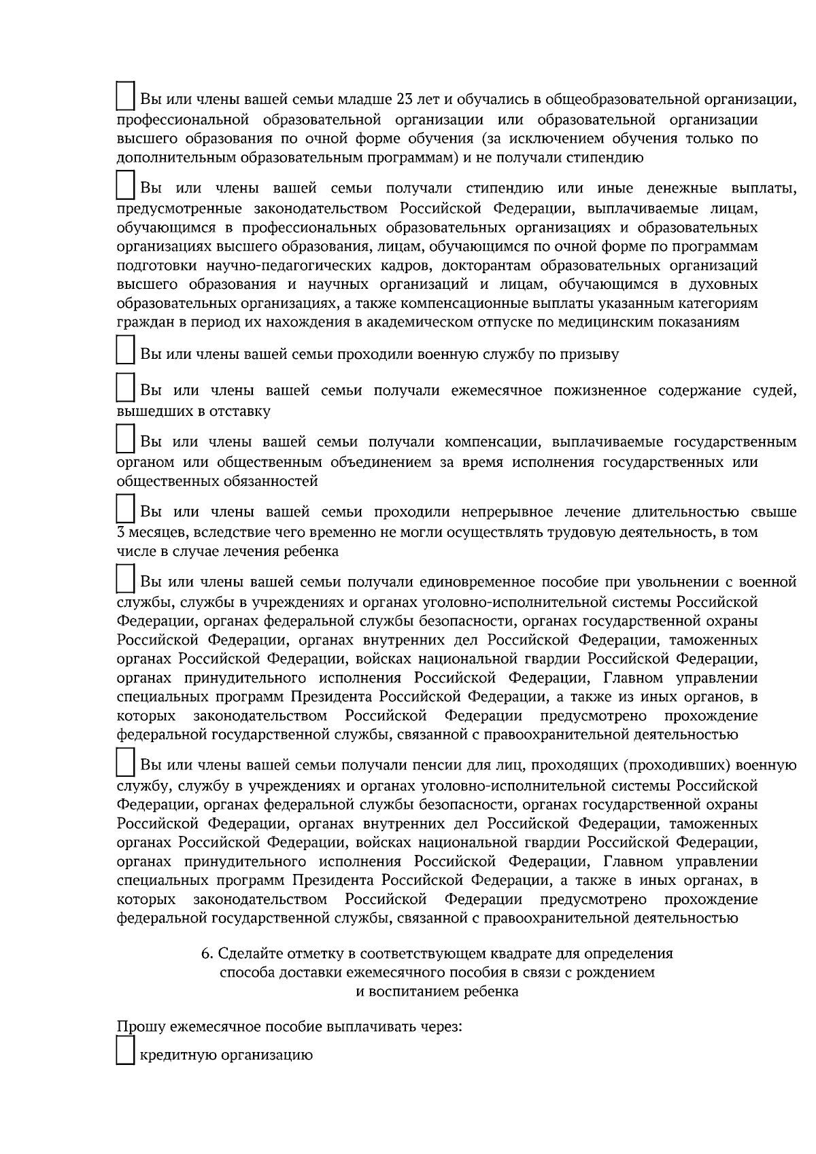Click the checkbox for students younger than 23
124,96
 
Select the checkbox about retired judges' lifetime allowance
124,387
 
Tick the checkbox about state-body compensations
124,438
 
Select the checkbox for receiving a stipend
124,184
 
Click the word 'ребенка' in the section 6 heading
491,992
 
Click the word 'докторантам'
506,265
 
